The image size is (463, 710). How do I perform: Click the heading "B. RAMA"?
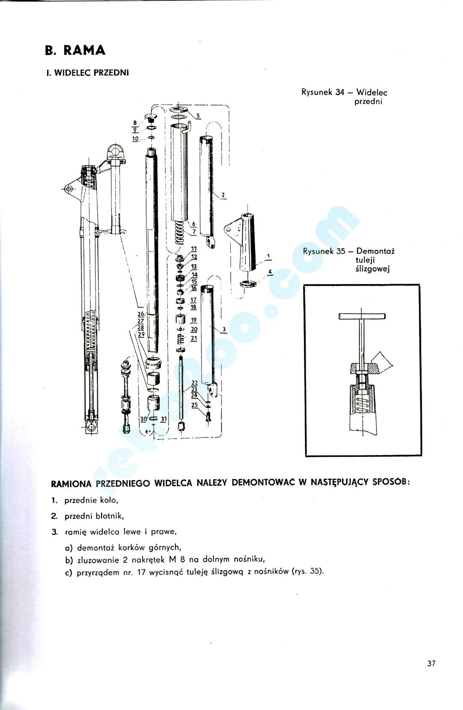75,51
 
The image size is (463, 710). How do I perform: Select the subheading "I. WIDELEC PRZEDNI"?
87,73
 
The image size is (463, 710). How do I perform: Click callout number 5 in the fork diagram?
198,116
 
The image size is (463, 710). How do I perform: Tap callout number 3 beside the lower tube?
224,330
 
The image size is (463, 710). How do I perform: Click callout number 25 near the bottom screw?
194,405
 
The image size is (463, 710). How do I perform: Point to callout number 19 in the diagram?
194,320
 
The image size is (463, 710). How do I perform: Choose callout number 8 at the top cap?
135,123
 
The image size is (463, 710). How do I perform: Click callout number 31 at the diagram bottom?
163,419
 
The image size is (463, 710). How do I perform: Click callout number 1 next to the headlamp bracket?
268,257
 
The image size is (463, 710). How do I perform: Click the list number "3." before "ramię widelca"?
54,532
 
